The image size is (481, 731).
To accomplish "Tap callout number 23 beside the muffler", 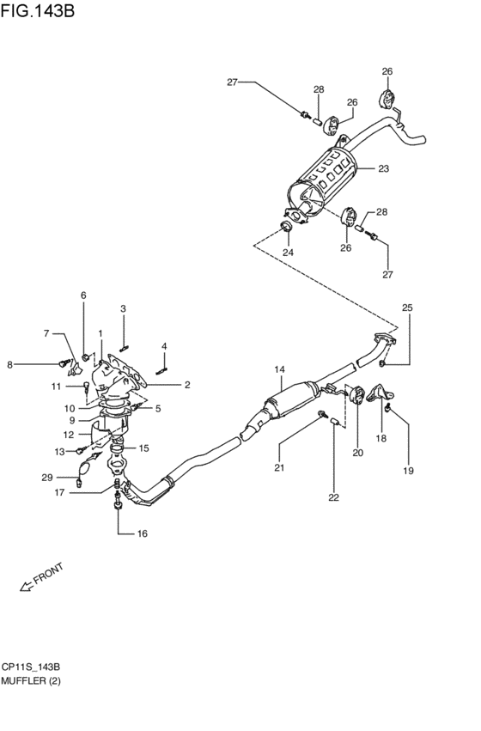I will [x=383, y=168].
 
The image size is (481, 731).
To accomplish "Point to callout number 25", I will [x=407, y=308].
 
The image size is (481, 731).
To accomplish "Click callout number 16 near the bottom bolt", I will [x=142, y=533].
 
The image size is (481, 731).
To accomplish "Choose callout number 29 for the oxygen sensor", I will [x=47, y=477].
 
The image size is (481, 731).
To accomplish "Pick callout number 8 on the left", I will [x=10, y=364].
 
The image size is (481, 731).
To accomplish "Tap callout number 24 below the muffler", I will [x=289, y=253].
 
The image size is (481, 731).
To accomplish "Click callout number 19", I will [x=409, y=470].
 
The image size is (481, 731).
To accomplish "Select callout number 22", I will [x=333, y=497].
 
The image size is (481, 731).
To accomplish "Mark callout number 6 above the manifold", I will [x=84, y=295].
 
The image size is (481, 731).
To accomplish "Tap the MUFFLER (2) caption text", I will [x=31, y=681].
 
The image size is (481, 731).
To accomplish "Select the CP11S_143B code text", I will [x=31, y=667].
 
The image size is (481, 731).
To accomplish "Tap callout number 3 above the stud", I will [x=123, y=308].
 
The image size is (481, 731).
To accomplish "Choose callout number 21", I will [x=278, y=467].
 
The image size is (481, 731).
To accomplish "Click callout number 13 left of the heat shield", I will [x=59, y=451].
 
